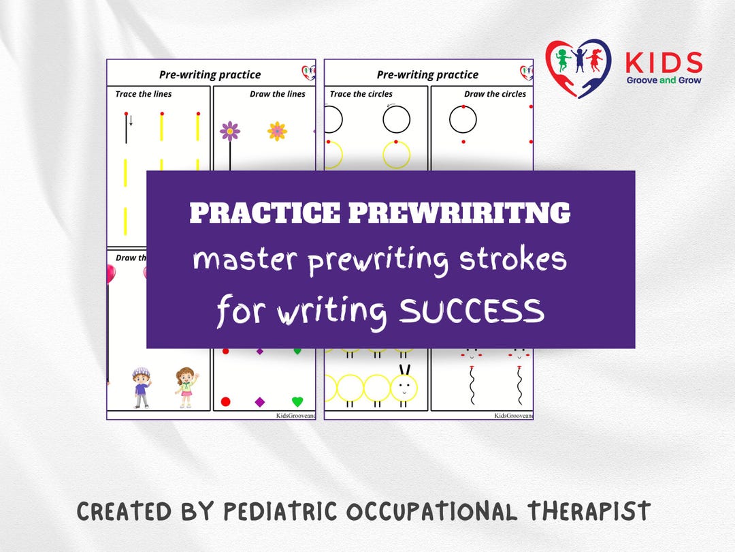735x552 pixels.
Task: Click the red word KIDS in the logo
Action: pyautogui.click(x=664, y=63)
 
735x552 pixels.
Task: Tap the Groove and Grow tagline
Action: pyautogui.click(x=664, y=80)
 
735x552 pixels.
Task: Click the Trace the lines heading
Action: pyautogui.click(x=144, y=94)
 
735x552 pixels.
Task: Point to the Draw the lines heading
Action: pyautogui.click(x=277, y=94)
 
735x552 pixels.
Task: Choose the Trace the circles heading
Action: pyautogui.click(x=361, y=94)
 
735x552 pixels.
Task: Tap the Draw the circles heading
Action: pyautogui.click(x=495, y=94)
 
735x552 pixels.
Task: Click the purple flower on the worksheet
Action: pyautogui.click(x=230, y=130)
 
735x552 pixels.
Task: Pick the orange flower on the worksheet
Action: pyautogui.click(x=277, y=131)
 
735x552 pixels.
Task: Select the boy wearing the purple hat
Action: pyautogui.click(x=142, y=387)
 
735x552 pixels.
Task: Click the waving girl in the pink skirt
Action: pyautogui.click(x=184, y=387)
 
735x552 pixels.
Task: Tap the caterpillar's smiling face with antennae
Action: pyautogui.click(x=404, y=386)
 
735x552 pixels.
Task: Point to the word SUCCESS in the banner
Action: pyautogui.click(x=472, y=311)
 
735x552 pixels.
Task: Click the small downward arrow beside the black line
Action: pyautogui.click(x=131, y=121)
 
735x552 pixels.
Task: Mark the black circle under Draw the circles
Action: pyautogui.click(x=463, y=119)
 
